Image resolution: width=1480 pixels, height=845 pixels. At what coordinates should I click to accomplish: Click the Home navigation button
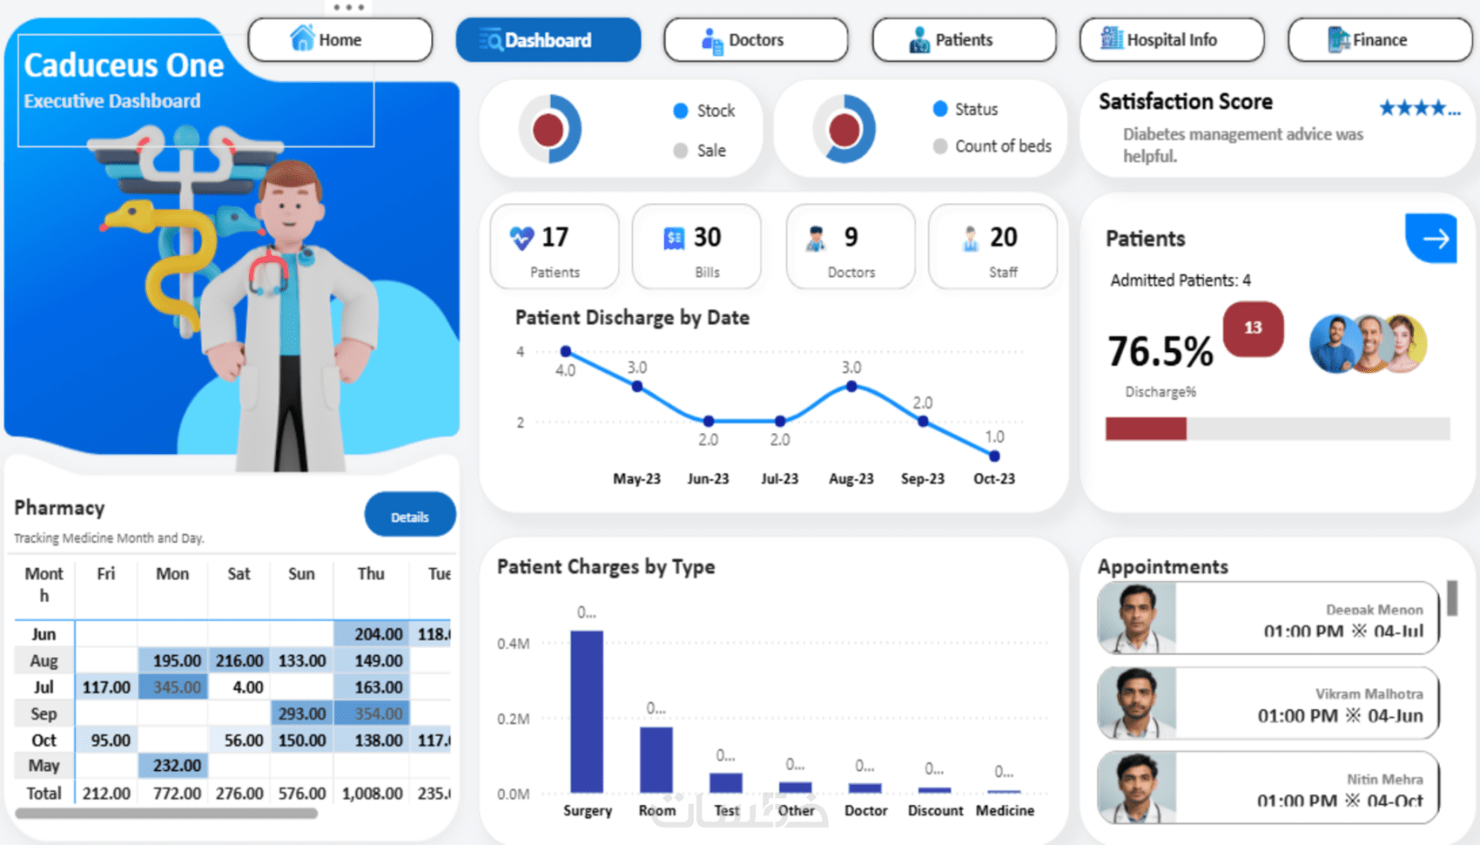tap(340, 40)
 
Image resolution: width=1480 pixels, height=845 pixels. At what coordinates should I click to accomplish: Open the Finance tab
tap(1379, 40)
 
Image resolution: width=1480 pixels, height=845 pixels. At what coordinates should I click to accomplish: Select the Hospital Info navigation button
tap(1171, 40)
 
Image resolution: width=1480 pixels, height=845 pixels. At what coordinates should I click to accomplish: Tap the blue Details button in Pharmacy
tap(409, 517)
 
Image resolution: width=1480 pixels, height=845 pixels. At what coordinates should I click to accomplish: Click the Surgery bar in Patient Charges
tap(587, 710)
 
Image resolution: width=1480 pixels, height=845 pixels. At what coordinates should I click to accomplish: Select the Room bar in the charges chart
tap(656, 759)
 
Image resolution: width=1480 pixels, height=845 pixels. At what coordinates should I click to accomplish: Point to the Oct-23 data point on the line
tap(994, 456)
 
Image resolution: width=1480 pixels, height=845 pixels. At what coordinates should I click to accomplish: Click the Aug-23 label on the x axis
tap(851, 478)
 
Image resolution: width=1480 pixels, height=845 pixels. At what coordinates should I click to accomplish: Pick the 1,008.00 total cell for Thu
tap(372, 794)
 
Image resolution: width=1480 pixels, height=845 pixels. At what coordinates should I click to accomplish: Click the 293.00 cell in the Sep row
tap(301, 713)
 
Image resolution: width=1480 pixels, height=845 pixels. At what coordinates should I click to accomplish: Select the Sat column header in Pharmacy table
tap(239, 574)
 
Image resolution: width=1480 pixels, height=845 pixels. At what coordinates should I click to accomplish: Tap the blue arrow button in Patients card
tap(1432, 238)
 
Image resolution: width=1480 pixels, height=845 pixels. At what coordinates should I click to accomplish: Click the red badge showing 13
tap(1253, 328)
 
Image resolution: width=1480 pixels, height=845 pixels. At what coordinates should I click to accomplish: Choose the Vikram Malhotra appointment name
tap(1369, 693)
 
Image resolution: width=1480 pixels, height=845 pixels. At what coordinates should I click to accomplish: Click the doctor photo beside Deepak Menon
tap(1137, 618)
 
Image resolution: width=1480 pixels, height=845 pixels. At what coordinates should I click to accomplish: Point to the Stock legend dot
tap(681, 111)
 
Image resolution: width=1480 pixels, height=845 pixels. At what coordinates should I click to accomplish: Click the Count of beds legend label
tap(1003, 146)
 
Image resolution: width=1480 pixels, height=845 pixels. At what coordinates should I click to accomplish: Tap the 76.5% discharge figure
tap(1160, 352)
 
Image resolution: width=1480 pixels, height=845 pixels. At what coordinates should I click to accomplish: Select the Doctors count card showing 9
tap(851, 247)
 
